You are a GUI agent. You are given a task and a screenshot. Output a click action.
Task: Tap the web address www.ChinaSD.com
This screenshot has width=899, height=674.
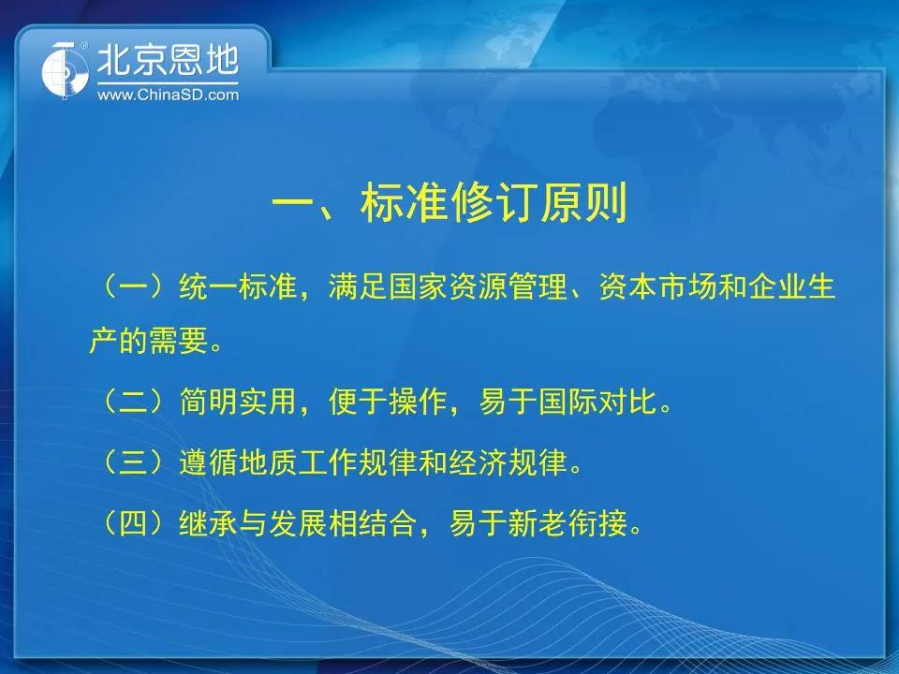[168, 95]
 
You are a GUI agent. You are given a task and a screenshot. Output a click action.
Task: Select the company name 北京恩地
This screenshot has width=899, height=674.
[168, 60]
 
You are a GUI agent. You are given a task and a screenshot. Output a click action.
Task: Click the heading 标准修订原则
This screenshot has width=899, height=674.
[494, 203]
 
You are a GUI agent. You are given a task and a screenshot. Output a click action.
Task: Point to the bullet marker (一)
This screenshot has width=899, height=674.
[133, 286]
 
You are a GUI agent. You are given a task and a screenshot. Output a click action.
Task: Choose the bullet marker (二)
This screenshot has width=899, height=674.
[133, 401]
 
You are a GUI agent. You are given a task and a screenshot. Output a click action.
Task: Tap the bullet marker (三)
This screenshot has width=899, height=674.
[133, 462]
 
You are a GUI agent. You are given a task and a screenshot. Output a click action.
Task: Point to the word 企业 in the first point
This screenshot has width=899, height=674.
[776, 286]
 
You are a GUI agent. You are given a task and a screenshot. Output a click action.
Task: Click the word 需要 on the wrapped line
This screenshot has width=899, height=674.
[178, 341]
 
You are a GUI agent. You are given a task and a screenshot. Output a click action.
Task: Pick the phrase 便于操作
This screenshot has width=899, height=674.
[388, 401]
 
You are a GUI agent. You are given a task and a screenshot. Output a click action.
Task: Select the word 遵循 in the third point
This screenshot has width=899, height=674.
[208, 462]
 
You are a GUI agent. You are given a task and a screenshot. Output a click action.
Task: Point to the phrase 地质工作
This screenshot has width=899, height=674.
[298, 462]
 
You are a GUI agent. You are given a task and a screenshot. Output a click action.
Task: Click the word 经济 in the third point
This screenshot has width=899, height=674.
[478, 462]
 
